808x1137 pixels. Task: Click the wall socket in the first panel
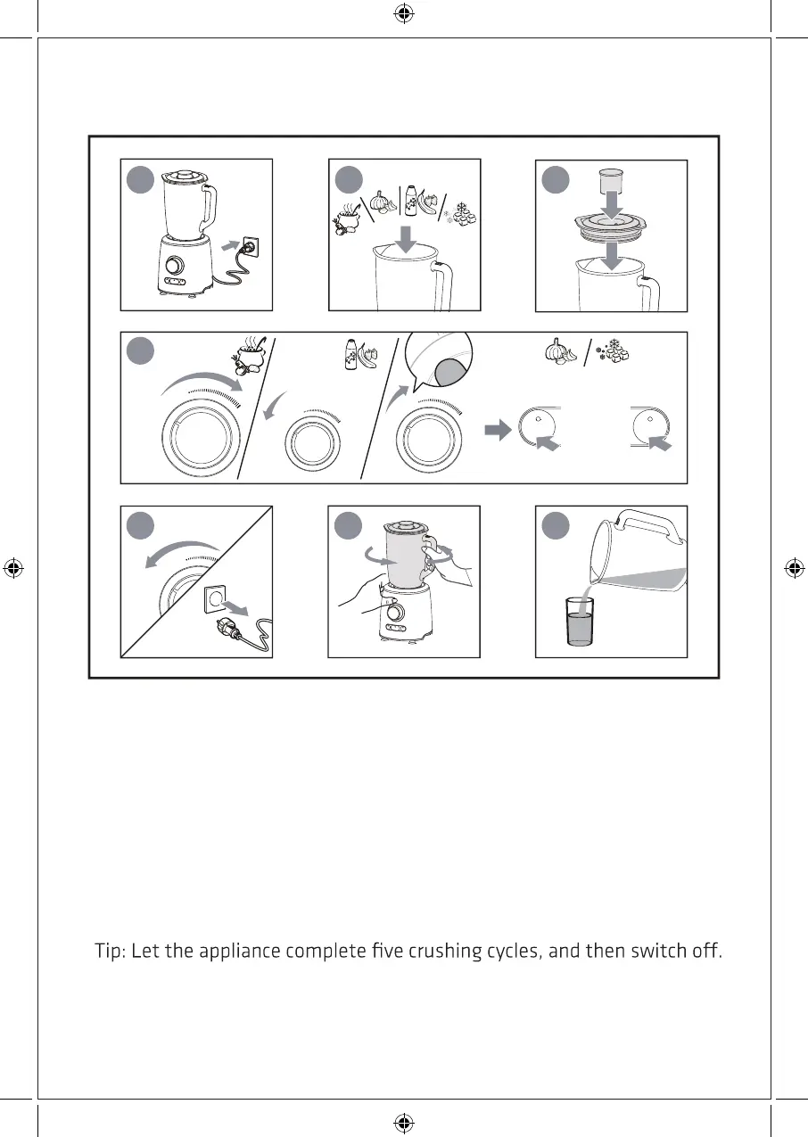coord(251,246)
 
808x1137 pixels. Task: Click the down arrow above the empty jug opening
coord(406,240)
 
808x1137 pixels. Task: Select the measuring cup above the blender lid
coord(611,180)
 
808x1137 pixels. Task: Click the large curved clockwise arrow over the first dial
coord(202,383)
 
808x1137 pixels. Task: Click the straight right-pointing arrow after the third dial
coord(498,430)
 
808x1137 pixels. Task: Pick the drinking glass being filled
coord(579,622)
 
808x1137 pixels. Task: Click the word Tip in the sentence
coord(108,952)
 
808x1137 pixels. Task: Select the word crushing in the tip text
coord(445,952)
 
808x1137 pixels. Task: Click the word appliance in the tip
coord(240,952)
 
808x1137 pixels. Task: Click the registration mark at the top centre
coord(403,14)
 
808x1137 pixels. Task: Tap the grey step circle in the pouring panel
coord(556,525)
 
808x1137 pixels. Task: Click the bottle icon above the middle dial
coord(350,354)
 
